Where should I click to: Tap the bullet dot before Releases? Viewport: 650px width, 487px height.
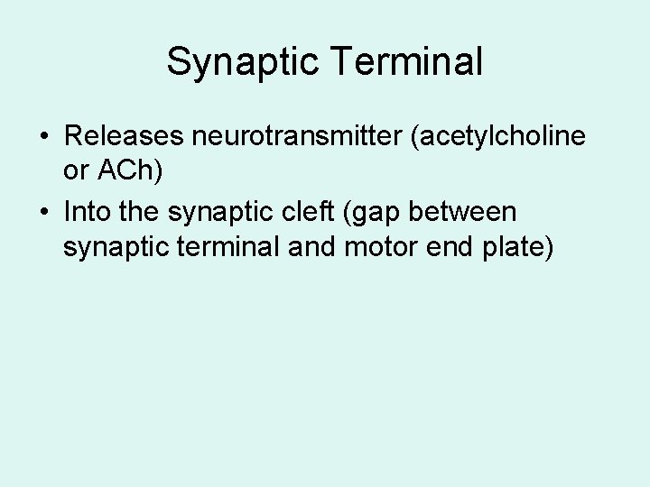(44, 138)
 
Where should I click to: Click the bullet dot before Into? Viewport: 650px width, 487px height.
(44, 214)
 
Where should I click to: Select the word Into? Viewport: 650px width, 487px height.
(86, 212)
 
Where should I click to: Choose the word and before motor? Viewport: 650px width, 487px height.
(310, 246)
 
